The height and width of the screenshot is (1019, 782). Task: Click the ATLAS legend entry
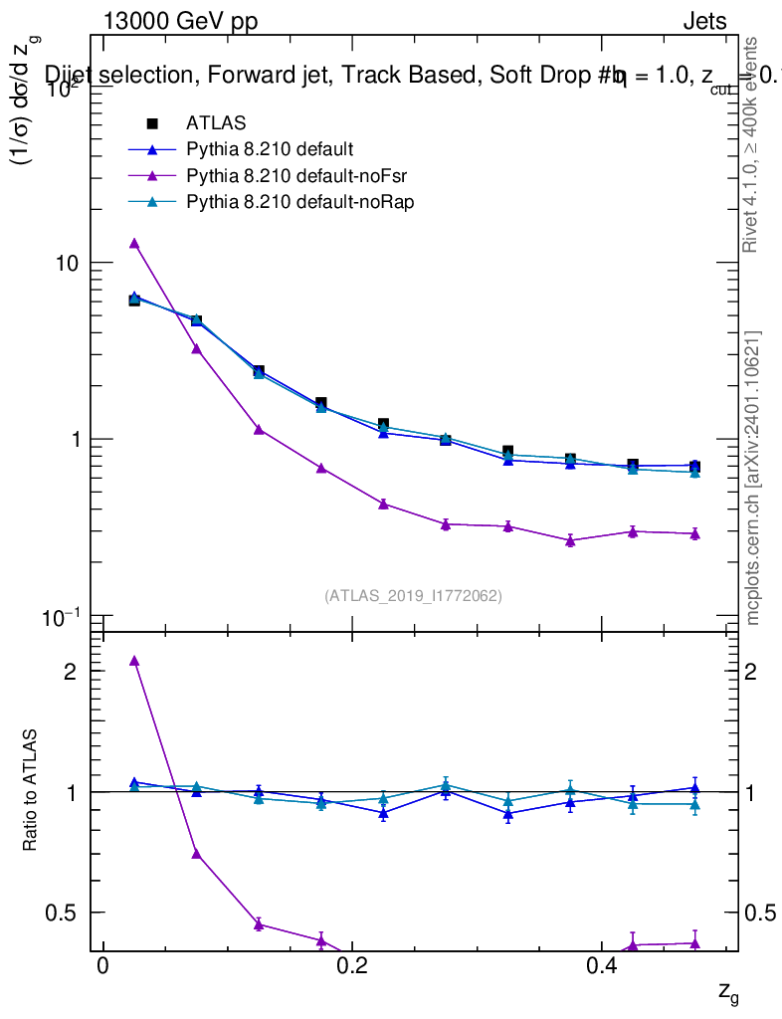[215, 123]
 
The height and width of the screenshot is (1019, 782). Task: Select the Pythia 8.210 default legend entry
[270, 150]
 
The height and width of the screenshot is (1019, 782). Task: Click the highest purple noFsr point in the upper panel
[134, 243]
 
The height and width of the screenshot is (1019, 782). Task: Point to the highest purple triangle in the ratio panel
[134, 660]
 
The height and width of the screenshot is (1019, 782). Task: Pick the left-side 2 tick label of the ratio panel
[71, 672]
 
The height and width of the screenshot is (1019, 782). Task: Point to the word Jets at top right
[703, 23]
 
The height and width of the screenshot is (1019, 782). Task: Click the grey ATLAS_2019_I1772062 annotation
[413, 596]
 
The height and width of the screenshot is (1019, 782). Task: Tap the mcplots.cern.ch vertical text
[753, 478]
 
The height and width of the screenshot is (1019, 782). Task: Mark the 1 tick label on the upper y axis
[76, 440]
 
